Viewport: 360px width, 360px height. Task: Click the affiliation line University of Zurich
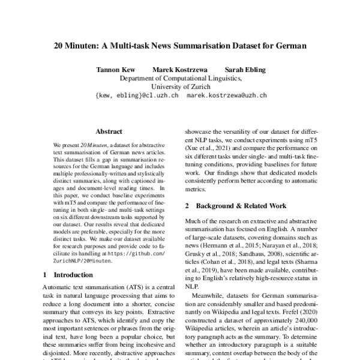[180, 86]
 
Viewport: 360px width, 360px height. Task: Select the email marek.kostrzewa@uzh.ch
[227, 95]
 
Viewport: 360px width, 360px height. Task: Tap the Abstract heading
[109, 131]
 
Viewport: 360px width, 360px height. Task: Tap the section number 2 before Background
[188, 205]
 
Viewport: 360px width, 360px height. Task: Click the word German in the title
[290, 45]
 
